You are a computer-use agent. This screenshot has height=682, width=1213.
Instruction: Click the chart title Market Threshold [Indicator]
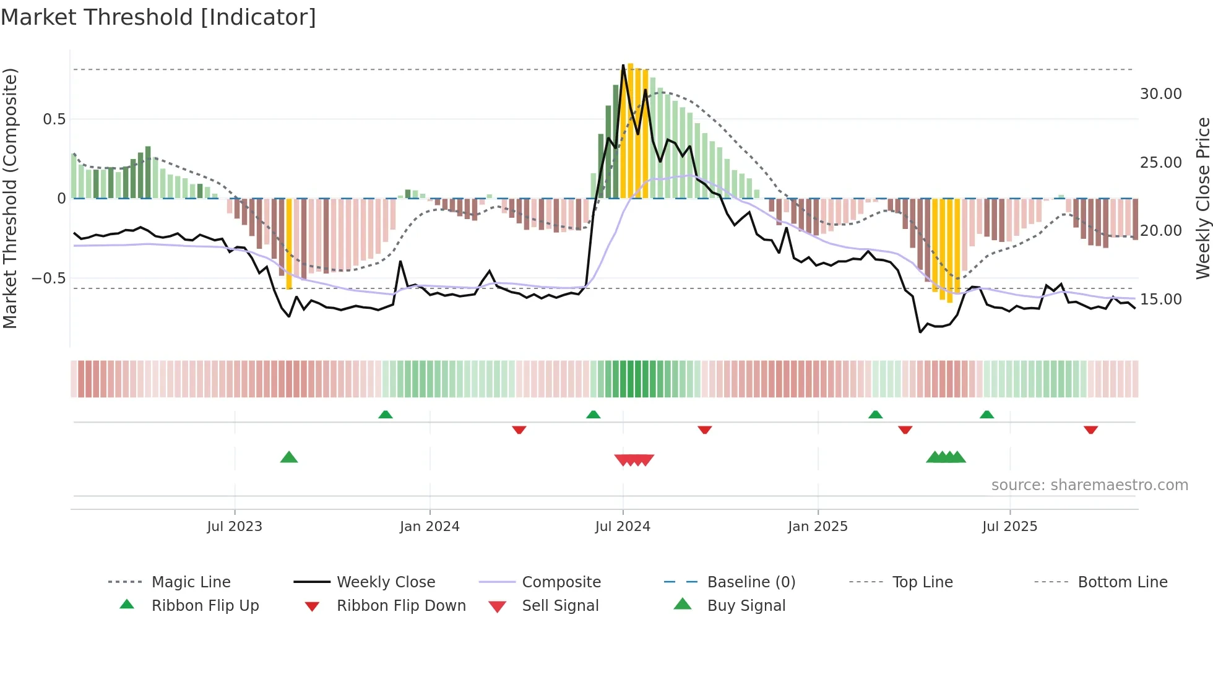point(158,17)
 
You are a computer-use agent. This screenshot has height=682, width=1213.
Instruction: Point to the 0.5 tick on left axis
point(54,119)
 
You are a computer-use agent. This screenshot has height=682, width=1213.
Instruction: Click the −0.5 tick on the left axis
point(49,278)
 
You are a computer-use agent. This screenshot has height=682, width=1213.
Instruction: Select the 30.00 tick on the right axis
point(1160,94)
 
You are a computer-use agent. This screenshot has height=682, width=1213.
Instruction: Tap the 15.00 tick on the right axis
point(1160,300)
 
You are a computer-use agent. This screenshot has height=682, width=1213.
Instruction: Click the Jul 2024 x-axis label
point(623,527)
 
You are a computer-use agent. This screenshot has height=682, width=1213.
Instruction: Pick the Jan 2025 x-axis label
point(818,527)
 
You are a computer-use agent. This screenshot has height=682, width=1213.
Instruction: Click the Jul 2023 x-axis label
point(235,527)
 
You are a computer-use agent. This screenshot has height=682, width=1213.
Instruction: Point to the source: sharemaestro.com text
point(1089,485)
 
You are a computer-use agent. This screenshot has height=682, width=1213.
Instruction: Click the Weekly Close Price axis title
point(1202,198)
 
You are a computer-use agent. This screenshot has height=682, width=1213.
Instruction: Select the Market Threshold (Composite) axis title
point(10,198)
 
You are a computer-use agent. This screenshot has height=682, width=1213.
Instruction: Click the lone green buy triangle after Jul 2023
point(289,457)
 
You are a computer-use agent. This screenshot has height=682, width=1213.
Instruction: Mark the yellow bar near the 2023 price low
point(289,244)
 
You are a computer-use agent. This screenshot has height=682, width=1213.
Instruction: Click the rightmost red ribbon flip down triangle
point(1090,429)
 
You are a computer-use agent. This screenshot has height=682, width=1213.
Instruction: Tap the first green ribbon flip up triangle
point(386,414)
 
